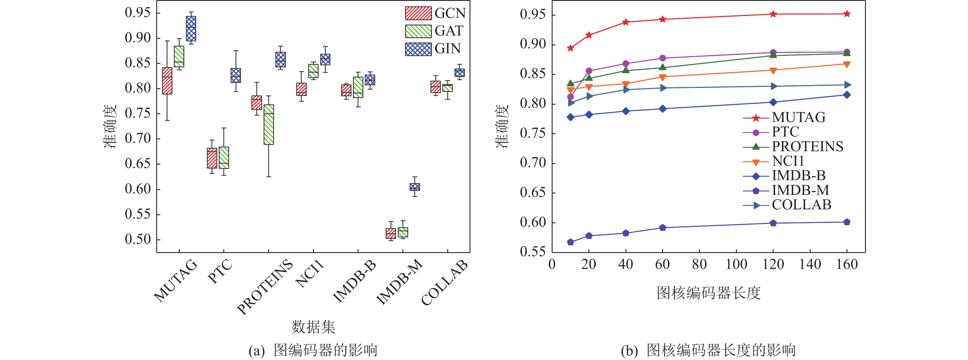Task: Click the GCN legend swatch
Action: tap(418, 13)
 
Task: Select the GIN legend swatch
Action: tap(418, 49)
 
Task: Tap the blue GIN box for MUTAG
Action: tap(191, 29)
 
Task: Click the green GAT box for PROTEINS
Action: tap(269, 124)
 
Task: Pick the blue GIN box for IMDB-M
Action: tap(415, 187)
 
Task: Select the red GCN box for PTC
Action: tap(212, 158)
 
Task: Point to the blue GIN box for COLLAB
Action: tap(459, 73)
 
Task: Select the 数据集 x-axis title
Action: tap(313, 327)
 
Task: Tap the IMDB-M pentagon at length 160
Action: tap(846, 222)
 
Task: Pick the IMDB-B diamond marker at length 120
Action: tap(773, 102)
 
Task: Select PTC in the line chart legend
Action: tap(785, 132)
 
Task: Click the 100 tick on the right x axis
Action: tap(736, 265)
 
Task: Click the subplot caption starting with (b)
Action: tap(708, 350)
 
